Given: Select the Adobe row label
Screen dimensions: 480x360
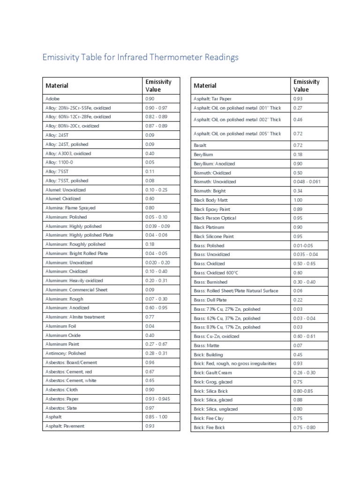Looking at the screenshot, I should [x=52, y=99].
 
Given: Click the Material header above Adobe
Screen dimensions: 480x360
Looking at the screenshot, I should [x=57, y=85].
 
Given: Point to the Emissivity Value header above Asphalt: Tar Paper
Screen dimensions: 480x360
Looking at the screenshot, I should [x=307, y=85].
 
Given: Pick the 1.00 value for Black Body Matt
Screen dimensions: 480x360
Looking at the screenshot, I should [x=298, y=200].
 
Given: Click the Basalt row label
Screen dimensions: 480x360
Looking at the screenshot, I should [x=200, y=145].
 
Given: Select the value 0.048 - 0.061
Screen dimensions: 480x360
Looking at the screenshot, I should [x=307, y=182].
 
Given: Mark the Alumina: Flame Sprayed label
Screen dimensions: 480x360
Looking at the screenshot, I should [x=70, y=208].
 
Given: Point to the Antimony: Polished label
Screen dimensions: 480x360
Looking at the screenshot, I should [x=66, y=353].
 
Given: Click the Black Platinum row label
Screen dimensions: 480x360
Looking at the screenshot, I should [x=209, y=227].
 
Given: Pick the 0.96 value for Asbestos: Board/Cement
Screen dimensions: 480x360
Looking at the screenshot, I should [x=150, y=362].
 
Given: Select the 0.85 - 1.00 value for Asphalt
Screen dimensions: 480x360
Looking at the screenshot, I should [x=156, y=417].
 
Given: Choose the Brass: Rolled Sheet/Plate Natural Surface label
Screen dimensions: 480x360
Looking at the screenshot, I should [x=236, y=291].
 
